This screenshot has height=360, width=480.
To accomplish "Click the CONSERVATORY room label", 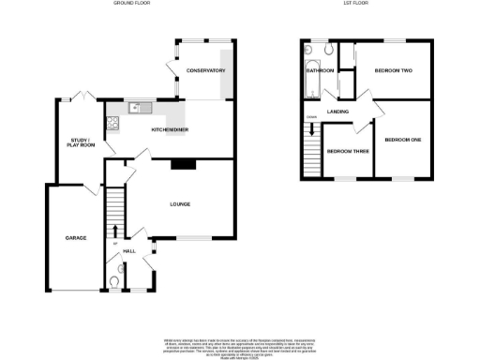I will pos(204,71).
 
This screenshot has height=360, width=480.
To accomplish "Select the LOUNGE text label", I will pos(181,203).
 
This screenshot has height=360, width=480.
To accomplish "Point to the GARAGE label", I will pos(75,237).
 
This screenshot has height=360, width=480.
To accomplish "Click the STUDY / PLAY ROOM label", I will pos(82,142).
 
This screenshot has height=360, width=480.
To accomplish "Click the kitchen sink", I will pos(136,106).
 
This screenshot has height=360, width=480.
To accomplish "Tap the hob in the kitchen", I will pos(112,120).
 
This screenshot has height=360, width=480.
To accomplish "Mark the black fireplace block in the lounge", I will pos(183,165).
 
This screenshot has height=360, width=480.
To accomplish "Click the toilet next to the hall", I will pos(113,279).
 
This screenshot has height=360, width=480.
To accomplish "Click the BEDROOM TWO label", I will pos(393,71).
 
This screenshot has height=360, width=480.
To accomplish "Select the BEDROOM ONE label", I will pos(404,140).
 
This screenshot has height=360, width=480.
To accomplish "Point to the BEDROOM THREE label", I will pos(345,152).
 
